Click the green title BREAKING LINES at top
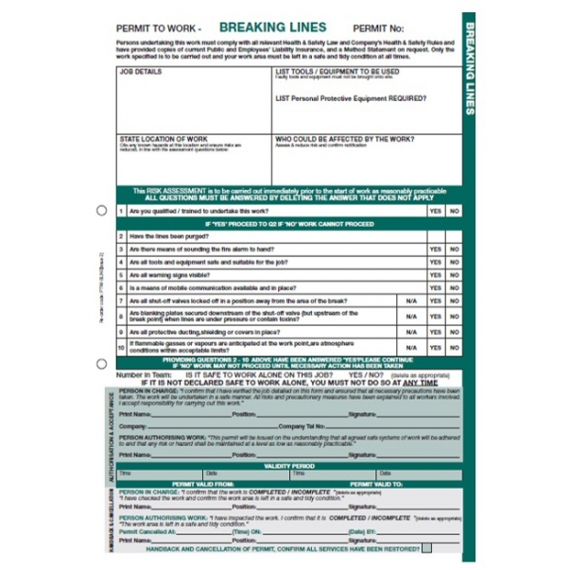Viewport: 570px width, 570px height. [273, 28]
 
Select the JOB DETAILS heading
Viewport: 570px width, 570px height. [140, 71]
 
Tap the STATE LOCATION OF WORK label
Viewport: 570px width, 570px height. [164, 138]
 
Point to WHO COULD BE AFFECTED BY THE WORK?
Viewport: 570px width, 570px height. [344, 138]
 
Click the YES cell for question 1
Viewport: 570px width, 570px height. [435, 211]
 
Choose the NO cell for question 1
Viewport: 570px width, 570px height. [454, 211]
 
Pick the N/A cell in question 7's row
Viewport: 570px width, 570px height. [410, 300]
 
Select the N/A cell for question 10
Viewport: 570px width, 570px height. [410, 347]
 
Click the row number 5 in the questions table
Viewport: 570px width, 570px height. [121, 274]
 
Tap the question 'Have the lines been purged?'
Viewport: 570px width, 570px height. [170, 236]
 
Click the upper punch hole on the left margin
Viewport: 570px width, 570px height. [102, 210]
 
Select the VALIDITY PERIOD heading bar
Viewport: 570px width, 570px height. [288, 465]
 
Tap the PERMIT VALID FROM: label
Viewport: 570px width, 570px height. [201, 483]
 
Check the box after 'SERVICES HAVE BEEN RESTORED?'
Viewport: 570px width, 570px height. [427, 546]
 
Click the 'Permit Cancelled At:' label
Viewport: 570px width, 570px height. [148, 532]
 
